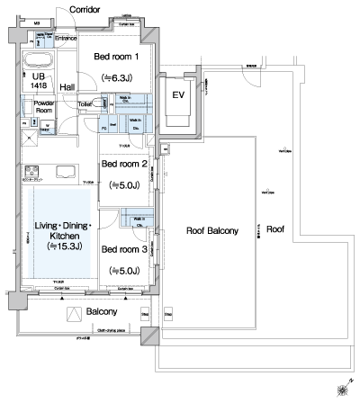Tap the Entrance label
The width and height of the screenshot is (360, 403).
[x=66, y=39]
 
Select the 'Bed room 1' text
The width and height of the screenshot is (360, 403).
[x=117, y=58]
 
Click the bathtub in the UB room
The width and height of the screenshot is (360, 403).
[x=37, y=62]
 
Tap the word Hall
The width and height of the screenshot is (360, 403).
[x=67, y=86]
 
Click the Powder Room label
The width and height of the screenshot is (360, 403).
[x=44, y=108]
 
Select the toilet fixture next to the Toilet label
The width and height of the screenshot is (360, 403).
[x=102, y=104]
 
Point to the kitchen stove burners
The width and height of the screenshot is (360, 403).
[x=33, y=172]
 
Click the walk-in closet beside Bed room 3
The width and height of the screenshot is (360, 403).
[x=139, y=220]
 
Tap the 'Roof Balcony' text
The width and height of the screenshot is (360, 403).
[x=211, y=231]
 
